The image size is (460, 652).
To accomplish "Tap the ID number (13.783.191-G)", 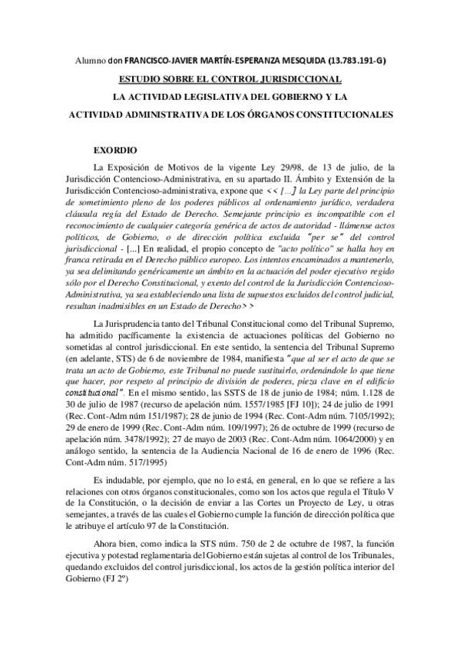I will (354, 61).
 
